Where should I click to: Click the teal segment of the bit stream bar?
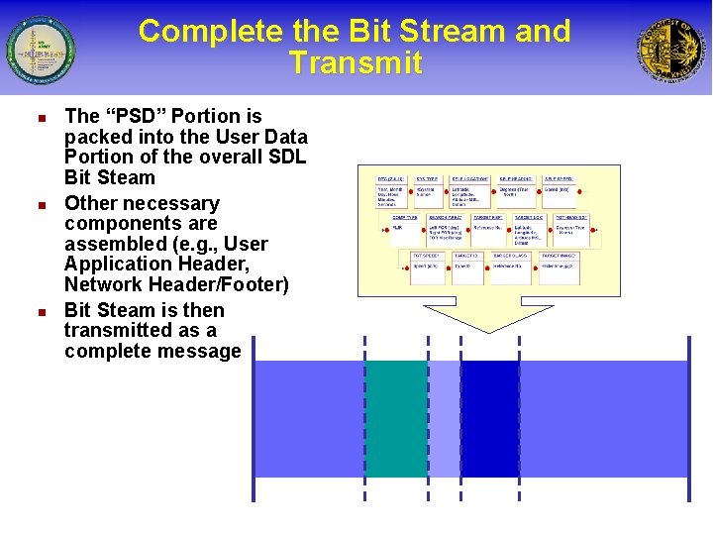[397, 418]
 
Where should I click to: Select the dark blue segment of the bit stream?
[490, 418]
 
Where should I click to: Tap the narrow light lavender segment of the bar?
[445, 418]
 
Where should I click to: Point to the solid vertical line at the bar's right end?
[688, 418]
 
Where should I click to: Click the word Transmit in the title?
[356, 63]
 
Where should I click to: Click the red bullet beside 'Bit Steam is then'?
[42, 310]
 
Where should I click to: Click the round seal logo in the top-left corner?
[41, 50]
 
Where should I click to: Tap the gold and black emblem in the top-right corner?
[672, 50]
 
